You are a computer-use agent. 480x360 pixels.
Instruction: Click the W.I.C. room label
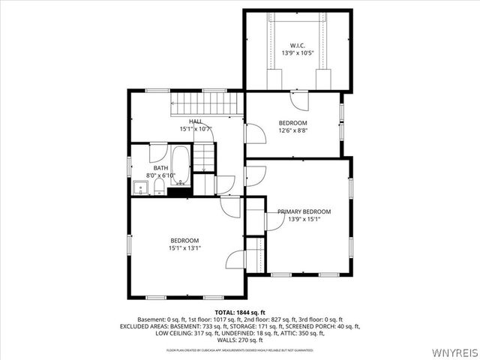pos(297,46)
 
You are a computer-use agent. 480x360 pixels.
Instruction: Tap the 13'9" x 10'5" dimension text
pos(297,54)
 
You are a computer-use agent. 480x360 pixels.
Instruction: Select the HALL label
pos(196,121)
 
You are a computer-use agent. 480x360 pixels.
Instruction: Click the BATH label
pos(161,169)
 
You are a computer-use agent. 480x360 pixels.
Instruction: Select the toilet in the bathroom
pos(159,187)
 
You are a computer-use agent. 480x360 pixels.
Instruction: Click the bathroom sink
pos(140,187)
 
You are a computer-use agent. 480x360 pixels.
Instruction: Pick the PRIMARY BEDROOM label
pos(304,211)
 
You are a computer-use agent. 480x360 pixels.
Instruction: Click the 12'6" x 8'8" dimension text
pos(293,130)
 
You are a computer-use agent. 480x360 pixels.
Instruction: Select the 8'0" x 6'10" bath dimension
pos(161,176)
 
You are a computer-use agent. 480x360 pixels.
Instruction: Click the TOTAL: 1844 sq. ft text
pos(240,312)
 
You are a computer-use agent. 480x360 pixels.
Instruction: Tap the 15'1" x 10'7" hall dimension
pos(196,129)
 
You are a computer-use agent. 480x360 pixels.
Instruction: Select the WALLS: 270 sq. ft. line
pos(240,340)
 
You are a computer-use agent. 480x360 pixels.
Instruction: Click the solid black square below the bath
pos(178,192)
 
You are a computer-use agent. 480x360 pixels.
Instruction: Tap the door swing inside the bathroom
pos(158,151)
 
